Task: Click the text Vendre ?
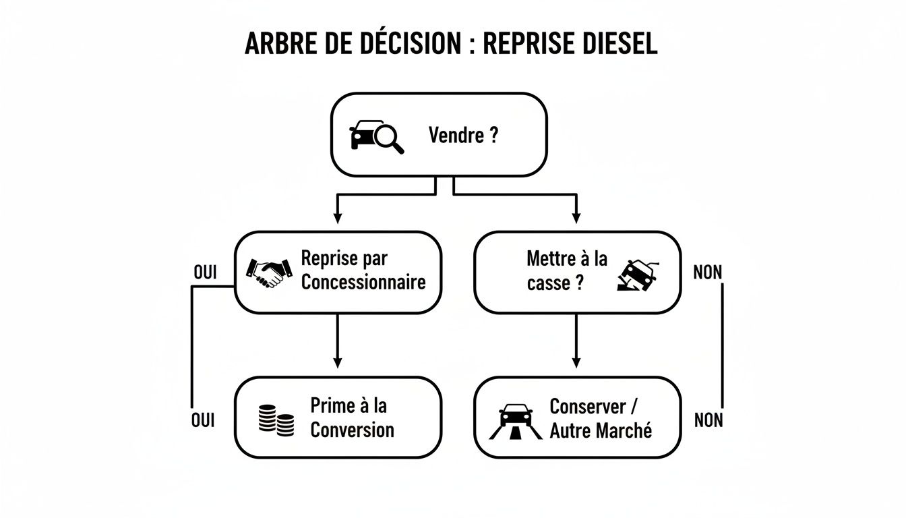pyautogui.click(x=463, y=136)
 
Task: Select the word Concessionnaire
pyautogui.click(x=363, y=281)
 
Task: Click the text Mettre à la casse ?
pyautogui.click(x=566, y=271)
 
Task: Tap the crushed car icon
pyautogui.click(x=637, y=275)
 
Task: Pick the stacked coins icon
pyautogui.click(x=276, y=420)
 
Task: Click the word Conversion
pyautogui.click(x=352, y=430)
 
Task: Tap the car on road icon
pyautogui.click(x=516, y=421)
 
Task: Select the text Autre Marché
pyautogui.click(x=601, y=430)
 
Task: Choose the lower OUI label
pyautogui.click(x=202, y=420)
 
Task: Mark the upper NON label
pyautogui.click(x=707, y=272)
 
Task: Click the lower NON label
pyautogui.click(x=708, y=420)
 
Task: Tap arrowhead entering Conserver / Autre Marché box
pyautogui.click(x=576, y=363)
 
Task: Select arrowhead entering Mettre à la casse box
pyautogui.click(x=576, y=217)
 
